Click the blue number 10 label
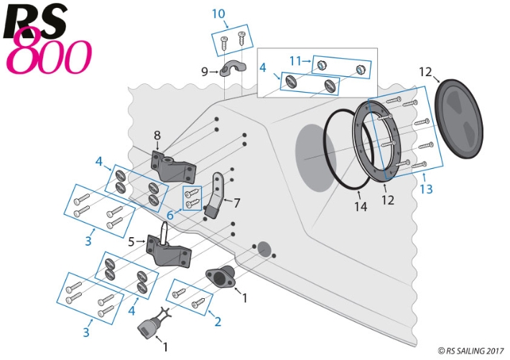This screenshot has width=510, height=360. (218, 14)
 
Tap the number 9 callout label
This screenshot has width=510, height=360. (204, 71)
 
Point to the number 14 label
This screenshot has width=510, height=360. (360, 206)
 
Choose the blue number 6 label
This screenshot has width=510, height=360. (170, 215)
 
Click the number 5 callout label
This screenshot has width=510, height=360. (131, 241)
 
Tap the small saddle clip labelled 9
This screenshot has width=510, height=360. (233, 70)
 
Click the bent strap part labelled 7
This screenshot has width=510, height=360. (218, 193)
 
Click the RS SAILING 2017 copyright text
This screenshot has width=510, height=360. (471, 351)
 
